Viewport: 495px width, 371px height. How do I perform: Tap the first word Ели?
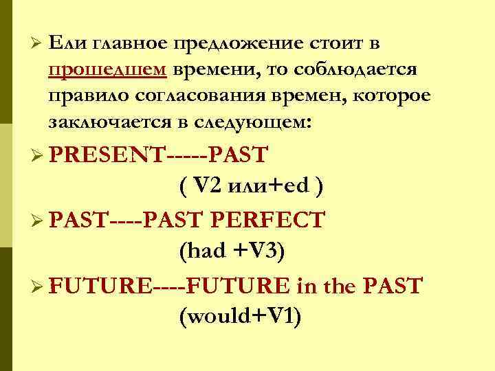tap(65, 43)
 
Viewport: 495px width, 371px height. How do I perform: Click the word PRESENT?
tap(116, 155)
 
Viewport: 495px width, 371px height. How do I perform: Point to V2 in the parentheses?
tap(206, 187)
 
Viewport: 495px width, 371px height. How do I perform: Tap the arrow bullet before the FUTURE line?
tap(56, 285)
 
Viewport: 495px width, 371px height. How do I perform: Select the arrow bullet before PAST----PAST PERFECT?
tap(56, 221)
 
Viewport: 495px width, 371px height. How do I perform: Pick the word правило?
tap(83, 95)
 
